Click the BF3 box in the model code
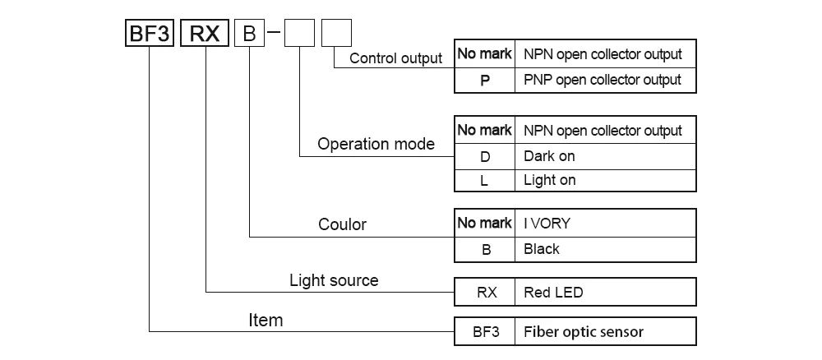point(150,33)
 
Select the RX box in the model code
point(205,33)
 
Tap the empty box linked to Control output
point(336,33)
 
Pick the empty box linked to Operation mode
point(299,33)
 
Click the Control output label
point(396,58)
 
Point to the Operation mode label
point(376,144)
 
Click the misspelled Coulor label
point(342,224)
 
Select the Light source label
point(334,280)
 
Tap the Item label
point(266,321)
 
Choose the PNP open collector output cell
point(606,81)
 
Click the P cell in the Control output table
point(485,81)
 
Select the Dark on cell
point(606,156)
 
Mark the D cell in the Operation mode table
point(485,156)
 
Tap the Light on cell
point(606,180)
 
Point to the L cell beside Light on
point(485,181)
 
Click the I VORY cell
point(606,224)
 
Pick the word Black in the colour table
point(542,249)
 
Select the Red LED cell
point(606,292)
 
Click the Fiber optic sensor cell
point(606,332)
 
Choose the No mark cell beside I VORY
point(485,224)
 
